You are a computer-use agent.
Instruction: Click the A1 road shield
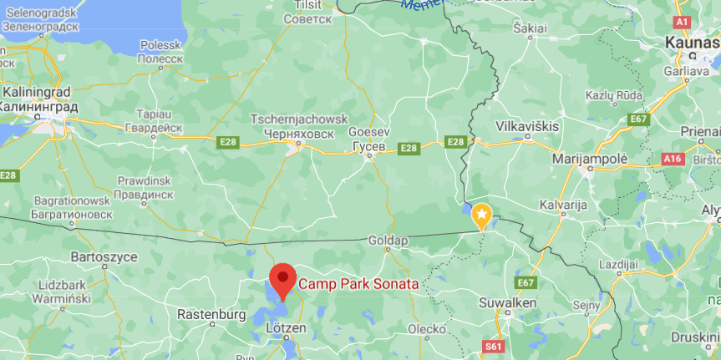[x=682, y=22]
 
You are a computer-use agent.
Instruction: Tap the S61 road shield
[x=494, y=344]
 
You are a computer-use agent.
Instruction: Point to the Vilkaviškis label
[x=527, y=125]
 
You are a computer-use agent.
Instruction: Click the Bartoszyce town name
[x=104, y=256]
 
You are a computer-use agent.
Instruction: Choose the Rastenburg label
[x=212, y=315]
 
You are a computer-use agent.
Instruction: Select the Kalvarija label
[x=566, y=205]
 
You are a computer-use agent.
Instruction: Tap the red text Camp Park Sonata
[x=358, y=284]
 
